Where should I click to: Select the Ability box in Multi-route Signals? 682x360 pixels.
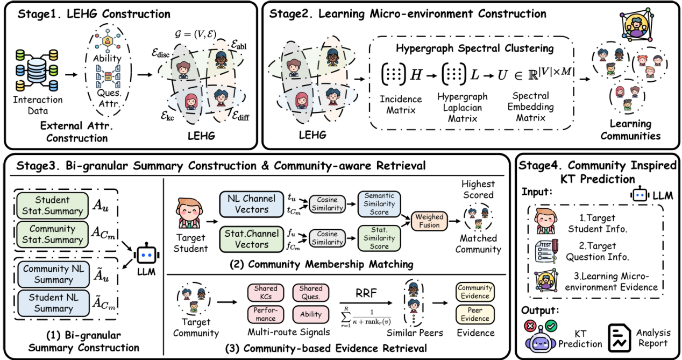[x=311, y=314]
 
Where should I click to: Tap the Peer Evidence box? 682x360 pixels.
[x=475, y=314]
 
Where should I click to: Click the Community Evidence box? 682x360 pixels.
[x=475, y=292]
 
